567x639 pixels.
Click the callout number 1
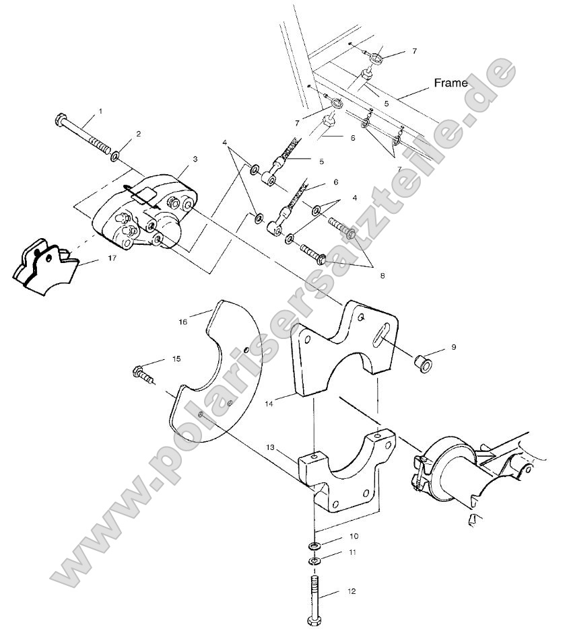[x=101, y=110]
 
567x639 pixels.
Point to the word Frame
[x=451, y=83]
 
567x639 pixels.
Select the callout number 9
[x=453, y=347]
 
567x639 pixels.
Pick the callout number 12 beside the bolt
[x=351, y=592]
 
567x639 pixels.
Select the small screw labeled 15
[x=142, y=371]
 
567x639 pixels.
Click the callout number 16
[x=182, y=322]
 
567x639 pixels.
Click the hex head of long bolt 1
[x=60, y=121]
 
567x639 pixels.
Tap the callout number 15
[x=176, y=359]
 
